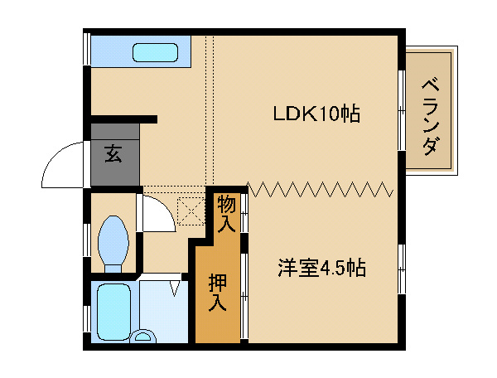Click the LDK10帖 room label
[316, 114]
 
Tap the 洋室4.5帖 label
[321, 269]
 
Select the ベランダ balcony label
[431, 117]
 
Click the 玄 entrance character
[113, 153]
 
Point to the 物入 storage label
[227, 214]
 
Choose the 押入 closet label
[217, 293]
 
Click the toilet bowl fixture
[113, 244]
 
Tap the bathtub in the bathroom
[113, 312]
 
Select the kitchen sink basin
[155, 52]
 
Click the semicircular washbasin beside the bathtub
[143, 337]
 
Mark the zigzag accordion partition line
[320, 189]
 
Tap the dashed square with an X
[191, 211]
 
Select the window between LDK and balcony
[402, 110]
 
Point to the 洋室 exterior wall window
[402, 269]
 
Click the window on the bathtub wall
[86, 319]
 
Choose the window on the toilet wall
[86, 241]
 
